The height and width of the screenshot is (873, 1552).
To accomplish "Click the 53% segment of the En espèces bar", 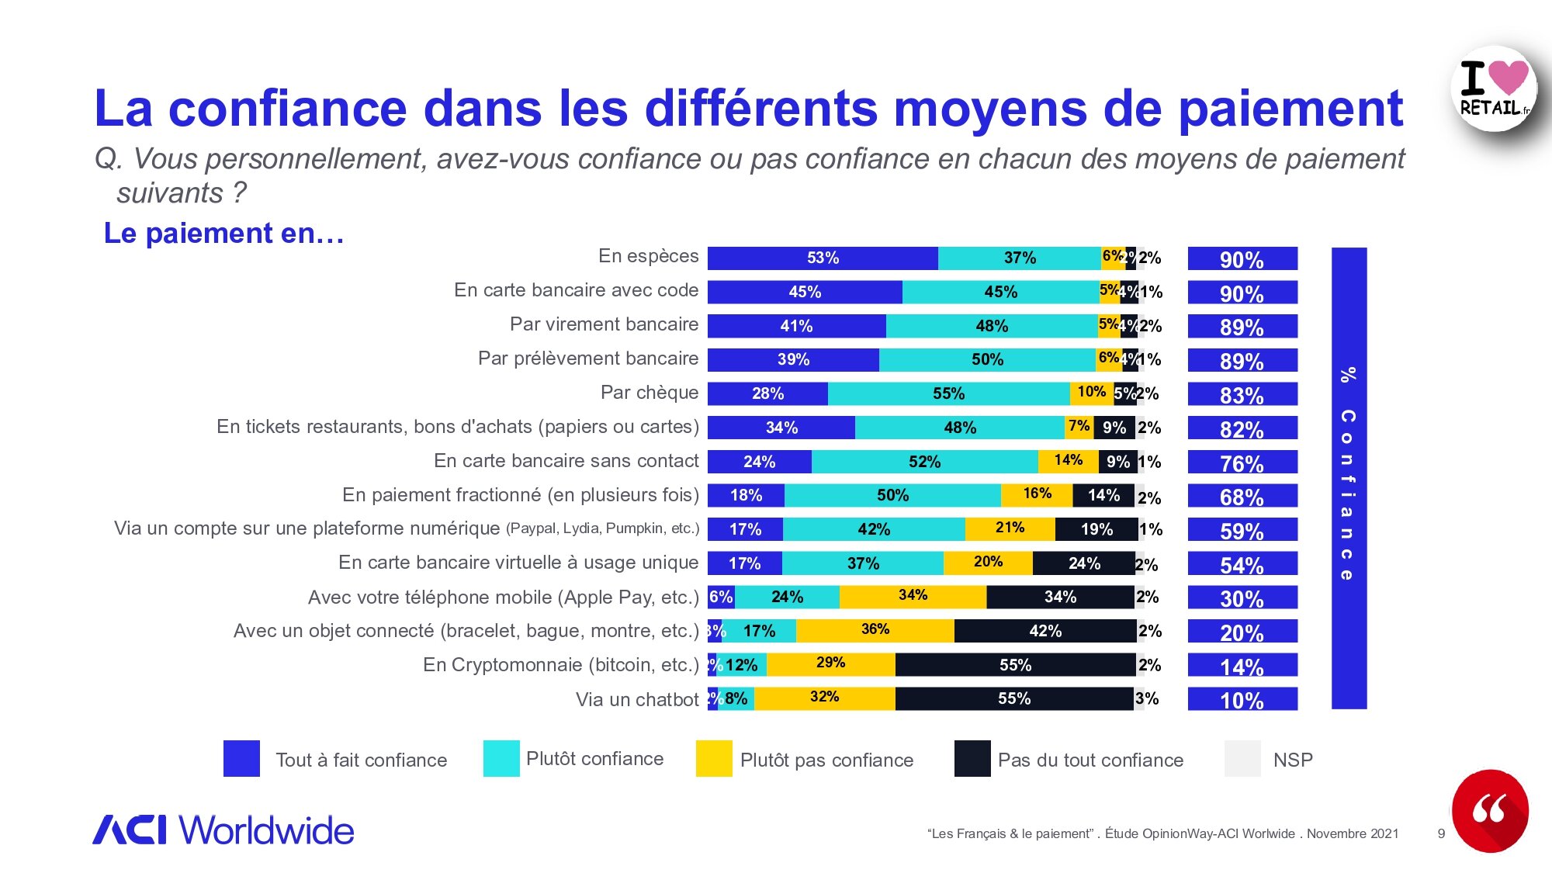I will tap(823, 258).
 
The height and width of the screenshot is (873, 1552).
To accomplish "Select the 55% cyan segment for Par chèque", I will tap(948, 393).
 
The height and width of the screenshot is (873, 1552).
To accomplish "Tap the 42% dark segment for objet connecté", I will tap(1045, 631).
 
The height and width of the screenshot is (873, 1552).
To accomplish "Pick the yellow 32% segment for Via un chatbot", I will tap(824, 698).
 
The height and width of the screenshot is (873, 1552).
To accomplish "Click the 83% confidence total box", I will tap(1242, 394).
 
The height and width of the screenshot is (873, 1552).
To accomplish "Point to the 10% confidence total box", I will tap(1242, 699).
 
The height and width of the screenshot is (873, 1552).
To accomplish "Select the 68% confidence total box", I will tap(1242, 496).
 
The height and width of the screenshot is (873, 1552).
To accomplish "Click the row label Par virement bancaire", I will tap(604, 324).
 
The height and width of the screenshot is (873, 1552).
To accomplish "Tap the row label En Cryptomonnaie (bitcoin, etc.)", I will tap(560, 665).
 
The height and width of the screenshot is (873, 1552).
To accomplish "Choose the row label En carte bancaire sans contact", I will tap(566, 461).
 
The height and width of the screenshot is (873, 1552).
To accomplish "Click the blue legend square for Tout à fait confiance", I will tap(241, 759).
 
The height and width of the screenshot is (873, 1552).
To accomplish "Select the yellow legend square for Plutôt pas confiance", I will tap(714, 759).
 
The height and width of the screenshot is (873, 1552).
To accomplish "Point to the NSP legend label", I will tap(1293, 760).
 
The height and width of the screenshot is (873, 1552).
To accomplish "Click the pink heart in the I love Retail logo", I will tap(1508, 78).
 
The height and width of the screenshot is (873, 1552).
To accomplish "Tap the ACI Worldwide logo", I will tap(223, 830).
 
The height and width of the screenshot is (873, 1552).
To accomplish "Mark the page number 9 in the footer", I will tap(1441, 834).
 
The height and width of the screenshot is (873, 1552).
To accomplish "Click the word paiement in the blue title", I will tap(1290, 109).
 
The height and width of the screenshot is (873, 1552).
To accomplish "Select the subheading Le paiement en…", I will tap(223, 234).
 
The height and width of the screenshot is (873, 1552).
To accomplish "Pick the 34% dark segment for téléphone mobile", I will tap(1060, 597).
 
